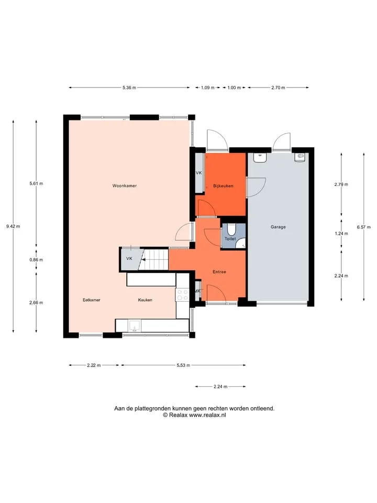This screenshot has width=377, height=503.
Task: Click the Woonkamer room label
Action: point(125,185)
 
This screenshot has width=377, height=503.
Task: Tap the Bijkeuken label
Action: point(223,185)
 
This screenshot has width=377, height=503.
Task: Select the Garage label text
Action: point(278,227)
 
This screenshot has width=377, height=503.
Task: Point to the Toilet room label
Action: point(230,239)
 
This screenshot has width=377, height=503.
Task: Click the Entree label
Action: point(219,272)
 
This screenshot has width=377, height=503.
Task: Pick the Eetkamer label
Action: point(91,300)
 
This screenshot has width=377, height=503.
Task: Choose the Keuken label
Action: point(145,300)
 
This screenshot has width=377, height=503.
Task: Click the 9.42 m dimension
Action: point(13,226)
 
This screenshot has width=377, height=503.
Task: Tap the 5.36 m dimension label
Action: point(129,88)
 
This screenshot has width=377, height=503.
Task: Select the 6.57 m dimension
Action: point(363,227)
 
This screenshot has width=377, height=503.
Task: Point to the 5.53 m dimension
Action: point(183,365)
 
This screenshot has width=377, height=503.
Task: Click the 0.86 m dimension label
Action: point(36,260)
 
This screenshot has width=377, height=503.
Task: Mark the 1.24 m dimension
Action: point(341,234)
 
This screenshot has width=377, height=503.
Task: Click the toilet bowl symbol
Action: point(231,229)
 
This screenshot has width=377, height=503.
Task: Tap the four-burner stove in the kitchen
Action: point(182,295)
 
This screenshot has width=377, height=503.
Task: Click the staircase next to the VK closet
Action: point(155,260)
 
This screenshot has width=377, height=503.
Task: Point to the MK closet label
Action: point(197,291)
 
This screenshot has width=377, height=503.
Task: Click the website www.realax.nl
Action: point(207,415)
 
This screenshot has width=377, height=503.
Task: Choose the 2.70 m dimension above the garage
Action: point(278,88)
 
